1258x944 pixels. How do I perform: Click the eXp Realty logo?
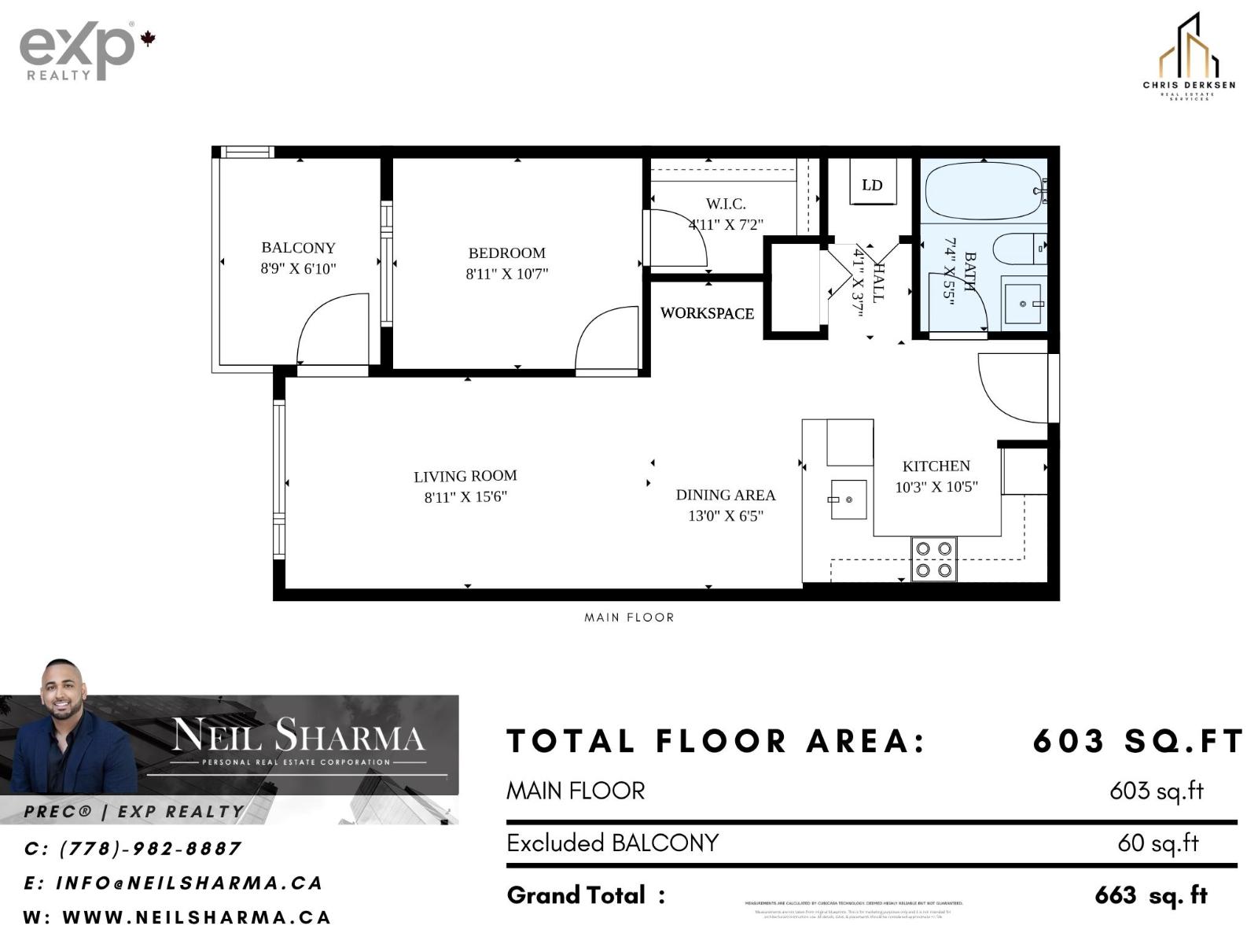[79, 52]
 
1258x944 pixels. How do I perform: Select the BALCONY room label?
[298, 248]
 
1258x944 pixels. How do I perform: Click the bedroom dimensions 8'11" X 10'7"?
[506, 275]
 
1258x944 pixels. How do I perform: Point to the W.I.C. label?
[725, 204]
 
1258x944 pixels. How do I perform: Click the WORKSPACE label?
[707, 313]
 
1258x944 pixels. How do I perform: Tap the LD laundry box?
[872, 186]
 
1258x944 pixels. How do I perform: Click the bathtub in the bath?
[983, 192]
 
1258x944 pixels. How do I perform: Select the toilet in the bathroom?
[1017, 249]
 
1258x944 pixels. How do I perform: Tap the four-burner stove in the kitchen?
[934, 559]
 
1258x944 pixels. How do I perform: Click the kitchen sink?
[848, 500]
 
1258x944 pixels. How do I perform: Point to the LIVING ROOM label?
[465, 476]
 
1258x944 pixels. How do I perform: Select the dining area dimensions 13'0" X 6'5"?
[726, 516]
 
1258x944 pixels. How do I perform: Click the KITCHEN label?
[936, 466]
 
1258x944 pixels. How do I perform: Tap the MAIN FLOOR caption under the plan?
[629, 618]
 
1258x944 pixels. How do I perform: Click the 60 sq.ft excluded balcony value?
[1157, 843]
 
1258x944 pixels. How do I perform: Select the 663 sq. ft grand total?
[1150, 895]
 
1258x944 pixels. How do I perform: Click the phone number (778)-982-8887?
[149, 849]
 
